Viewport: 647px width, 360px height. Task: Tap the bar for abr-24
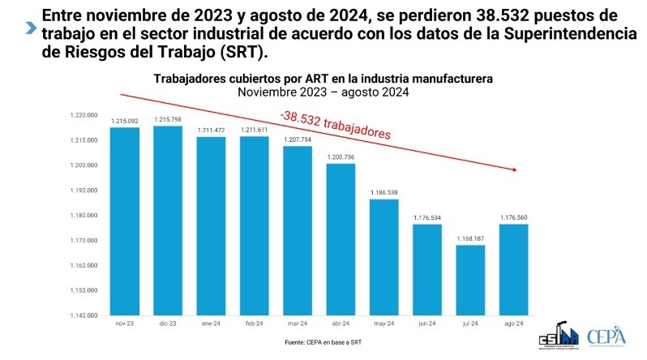[x=341, y=239]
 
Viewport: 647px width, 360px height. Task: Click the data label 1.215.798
[x=168, y=120]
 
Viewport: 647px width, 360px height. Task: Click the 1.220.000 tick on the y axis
[x=84, y=116]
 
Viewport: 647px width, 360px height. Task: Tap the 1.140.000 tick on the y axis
[x=84, y=315]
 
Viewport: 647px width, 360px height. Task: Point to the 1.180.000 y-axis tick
[x=84, y=216]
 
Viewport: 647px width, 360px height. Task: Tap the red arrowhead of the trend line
[x=514, y=169]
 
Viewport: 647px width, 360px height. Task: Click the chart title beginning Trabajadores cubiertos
[x=323, y=79]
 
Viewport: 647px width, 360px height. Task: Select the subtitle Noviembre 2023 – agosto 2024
[x=323, y=92]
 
